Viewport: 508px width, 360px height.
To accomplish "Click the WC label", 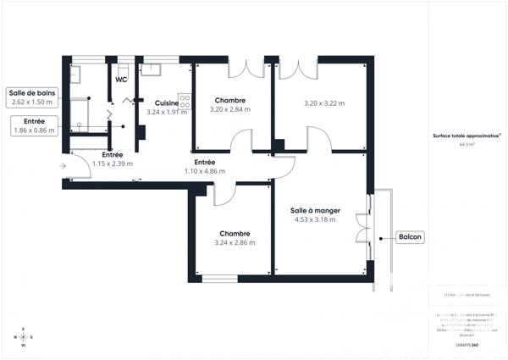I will point(121,80).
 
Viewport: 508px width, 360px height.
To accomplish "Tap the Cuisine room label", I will point(166,103).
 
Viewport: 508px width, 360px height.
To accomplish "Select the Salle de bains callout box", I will point(31,97).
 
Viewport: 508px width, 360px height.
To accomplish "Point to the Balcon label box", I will point(410,237).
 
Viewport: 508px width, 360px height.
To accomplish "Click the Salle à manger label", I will point(313,210).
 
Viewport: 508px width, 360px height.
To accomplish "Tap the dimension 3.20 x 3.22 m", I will point(324,104).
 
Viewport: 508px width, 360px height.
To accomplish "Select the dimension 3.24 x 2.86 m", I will point(235,243).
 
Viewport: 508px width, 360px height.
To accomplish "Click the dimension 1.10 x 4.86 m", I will point(205,171).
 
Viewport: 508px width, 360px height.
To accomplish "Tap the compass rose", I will point(23,337).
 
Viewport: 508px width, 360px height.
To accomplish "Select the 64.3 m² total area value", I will point(467,145).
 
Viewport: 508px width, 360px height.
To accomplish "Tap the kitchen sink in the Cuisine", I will point(152,70).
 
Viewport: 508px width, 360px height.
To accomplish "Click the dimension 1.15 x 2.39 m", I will point(113,163).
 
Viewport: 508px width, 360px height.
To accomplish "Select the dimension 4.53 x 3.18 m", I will point(313,219).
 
